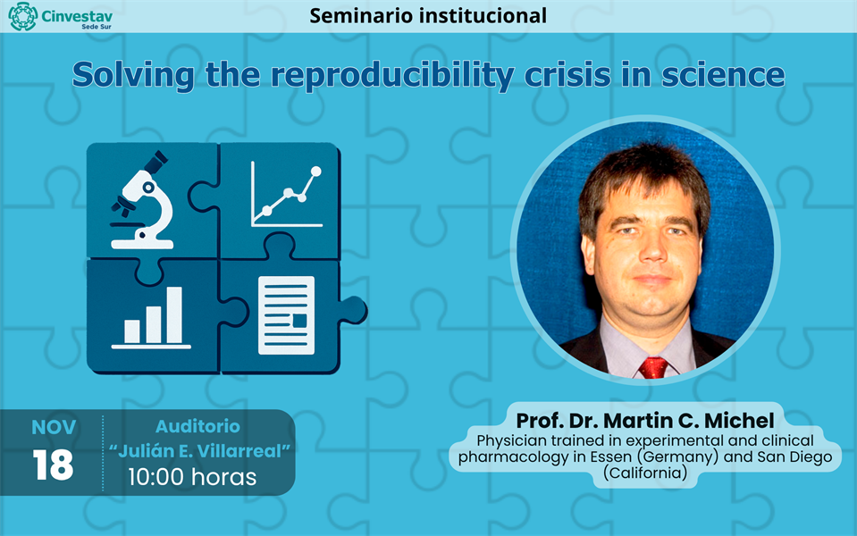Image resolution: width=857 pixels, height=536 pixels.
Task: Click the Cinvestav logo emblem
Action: click(x=22, y=16)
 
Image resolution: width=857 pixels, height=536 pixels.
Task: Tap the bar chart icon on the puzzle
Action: click(x=152, y=317)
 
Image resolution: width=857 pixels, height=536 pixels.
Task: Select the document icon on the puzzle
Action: click(x=286, y=315)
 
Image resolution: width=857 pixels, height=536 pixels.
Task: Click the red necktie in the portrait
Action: click(x=654, y=366)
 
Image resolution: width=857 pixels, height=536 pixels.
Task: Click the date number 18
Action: click(x=53, y=465)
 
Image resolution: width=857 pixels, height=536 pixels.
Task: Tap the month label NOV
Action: click(x=54, y=427)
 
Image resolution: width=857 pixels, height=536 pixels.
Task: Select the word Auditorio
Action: click(x=197, y=427)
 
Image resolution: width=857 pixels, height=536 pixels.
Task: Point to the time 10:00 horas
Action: click(x=192, y=477)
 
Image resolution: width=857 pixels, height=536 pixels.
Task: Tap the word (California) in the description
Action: click(x=645, y=473)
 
